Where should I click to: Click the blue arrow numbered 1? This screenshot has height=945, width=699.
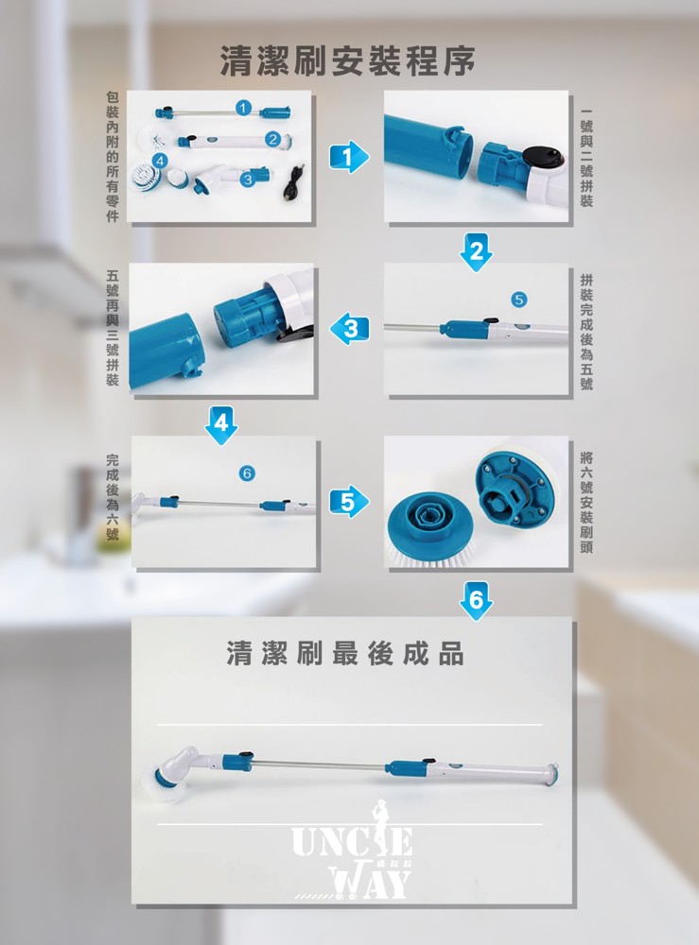(348, 157)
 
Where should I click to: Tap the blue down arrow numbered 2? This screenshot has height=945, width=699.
(476, 252)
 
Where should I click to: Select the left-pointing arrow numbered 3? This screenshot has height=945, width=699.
(349, 329)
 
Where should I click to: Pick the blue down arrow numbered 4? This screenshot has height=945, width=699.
(221, 425)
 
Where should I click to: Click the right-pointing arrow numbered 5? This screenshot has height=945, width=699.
(349, 502)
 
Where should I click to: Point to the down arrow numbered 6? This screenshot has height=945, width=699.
(476, 601)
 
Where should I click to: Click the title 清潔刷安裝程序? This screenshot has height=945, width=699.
(347, 60)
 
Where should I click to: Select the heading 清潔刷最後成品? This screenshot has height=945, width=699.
(345, 653)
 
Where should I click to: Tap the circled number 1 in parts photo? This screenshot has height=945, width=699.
(243, 108)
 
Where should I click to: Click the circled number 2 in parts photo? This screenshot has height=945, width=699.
(272, 139)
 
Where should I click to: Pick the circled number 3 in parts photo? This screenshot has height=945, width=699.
(246, 180)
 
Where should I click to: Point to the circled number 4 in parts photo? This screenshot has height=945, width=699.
(160, 161)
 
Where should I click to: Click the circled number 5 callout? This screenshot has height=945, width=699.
(518, 300)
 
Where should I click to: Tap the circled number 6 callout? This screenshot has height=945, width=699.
(247, 473)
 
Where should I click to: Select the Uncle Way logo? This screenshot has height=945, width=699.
(353, 852)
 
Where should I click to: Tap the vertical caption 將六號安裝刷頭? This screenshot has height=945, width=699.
(586, 502)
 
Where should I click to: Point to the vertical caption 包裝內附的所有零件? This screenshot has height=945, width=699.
(113, 157)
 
